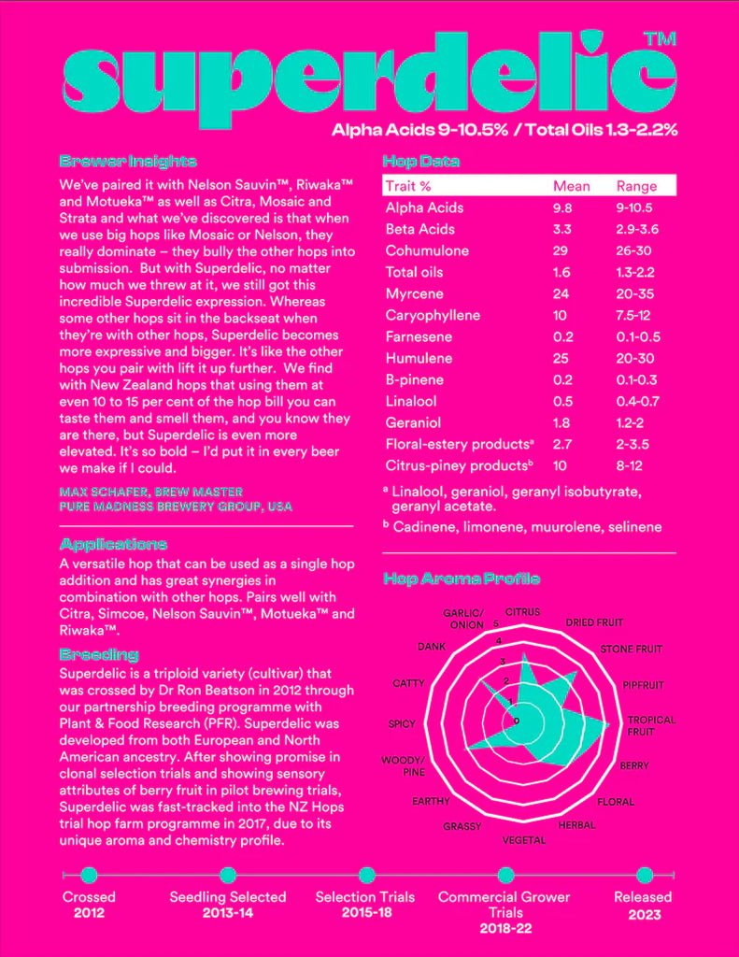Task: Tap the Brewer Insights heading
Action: tap(127, 161)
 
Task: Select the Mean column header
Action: tap(571, 186)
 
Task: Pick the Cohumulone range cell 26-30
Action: tap(634, 250)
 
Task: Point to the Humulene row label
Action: tap(419, 358)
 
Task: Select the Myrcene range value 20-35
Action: tap(634, 293)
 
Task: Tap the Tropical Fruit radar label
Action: tap(651, 726)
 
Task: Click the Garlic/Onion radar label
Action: tap(463, 619)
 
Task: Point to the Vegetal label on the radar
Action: tap(524, 840)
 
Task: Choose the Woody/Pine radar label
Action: tap(403, 766)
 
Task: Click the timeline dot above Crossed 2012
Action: tap(90, 875)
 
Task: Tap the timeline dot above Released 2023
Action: tap(644, 875)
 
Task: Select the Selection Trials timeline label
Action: tap(365, 897)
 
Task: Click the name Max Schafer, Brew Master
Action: tap(150, 492)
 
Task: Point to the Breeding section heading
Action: tap(98, 654)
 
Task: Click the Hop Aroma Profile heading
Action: tap(462, 578)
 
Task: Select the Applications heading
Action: tap(113, 544)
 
